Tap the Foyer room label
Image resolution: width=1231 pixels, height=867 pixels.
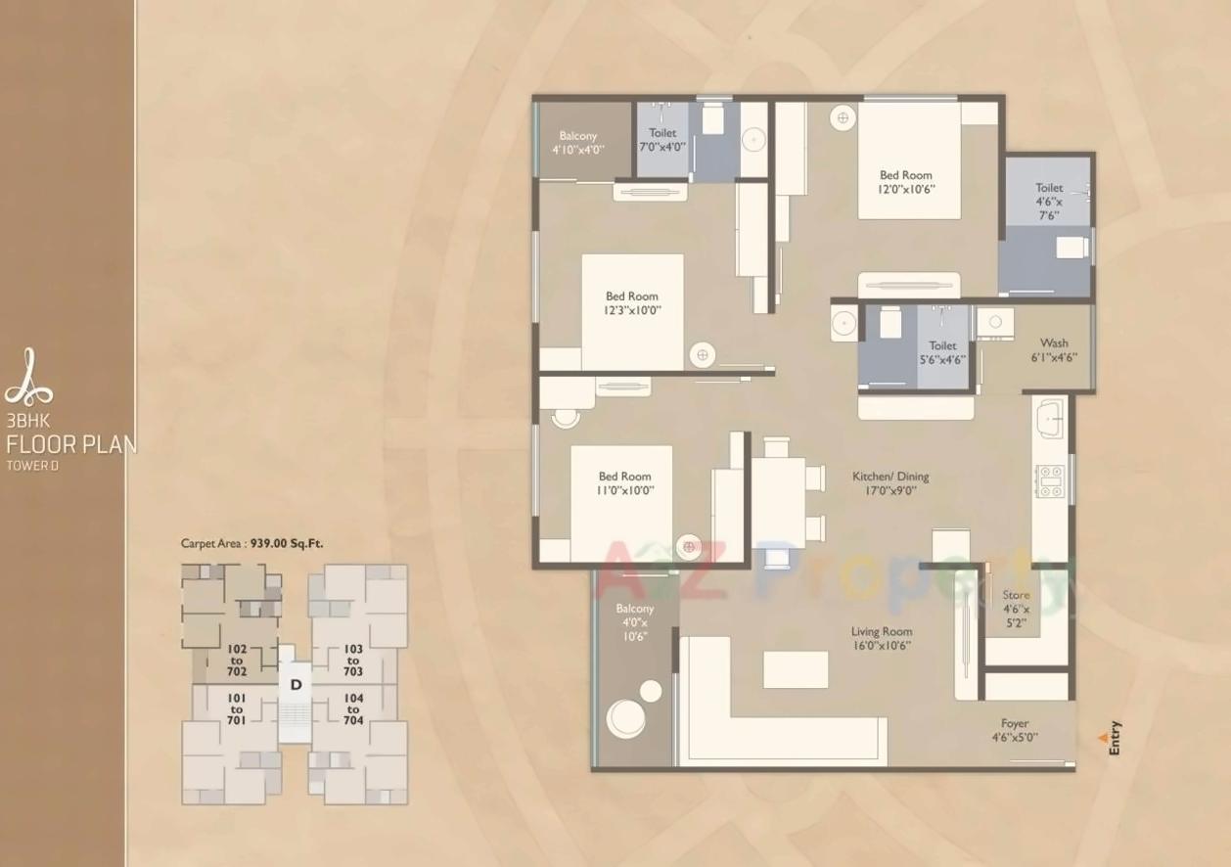tap(1015, 724)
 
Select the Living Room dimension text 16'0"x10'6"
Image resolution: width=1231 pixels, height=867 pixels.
tap(881, 646)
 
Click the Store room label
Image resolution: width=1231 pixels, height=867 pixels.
tap(1016, 595)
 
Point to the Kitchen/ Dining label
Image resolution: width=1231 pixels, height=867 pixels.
tap(889, 477)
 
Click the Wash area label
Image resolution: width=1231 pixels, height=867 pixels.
tap(1054, 343)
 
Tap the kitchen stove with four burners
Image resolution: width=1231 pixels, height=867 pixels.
tap(1050, 479)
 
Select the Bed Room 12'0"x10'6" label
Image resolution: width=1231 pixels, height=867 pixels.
tap(905, 176)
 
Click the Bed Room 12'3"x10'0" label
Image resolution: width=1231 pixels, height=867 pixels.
tap(631, 297)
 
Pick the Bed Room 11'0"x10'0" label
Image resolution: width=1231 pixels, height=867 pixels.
tap(625, 477)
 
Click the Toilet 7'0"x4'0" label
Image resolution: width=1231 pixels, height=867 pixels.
tap(662, 133)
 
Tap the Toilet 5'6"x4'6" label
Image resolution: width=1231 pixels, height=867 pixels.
tap(942, 346)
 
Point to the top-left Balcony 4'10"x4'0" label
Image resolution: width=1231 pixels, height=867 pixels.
tap(577, 136)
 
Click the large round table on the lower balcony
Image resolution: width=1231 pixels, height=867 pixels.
tap(625, 718)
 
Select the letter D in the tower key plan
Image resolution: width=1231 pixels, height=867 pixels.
tap(295, 685)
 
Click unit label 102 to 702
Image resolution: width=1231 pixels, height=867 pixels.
tap(237, 660)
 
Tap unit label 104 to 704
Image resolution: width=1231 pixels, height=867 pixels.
tap(352, 709)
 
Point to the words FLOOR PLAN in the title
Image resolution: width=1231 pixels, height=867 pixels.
tap(71, 444)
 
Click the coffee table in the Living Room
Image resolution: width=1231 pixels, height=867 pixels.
tap(796, 670)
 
